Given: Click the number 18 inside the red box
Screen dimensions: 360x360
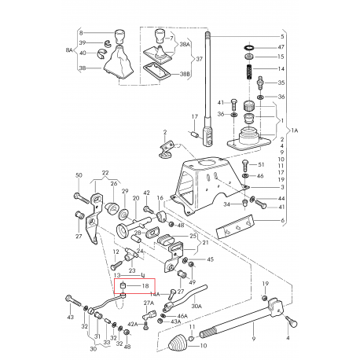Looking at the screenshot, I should click(x=145, y=288).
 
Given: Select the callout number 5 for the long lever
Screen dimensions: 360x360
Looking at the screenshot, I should click(x=283, y=37).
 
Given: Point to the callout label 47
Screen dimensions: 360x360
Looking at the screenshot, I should click(x=282, y=47).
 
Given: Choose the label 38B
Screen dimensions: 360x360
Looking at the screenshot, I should click(x=185, y=75).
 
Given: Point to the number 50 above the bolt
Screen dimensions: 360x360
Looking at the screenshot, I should click(x=78, y=176).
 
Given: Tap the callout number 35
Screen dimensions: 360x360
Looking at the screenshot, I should click(x=282, y=82).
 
